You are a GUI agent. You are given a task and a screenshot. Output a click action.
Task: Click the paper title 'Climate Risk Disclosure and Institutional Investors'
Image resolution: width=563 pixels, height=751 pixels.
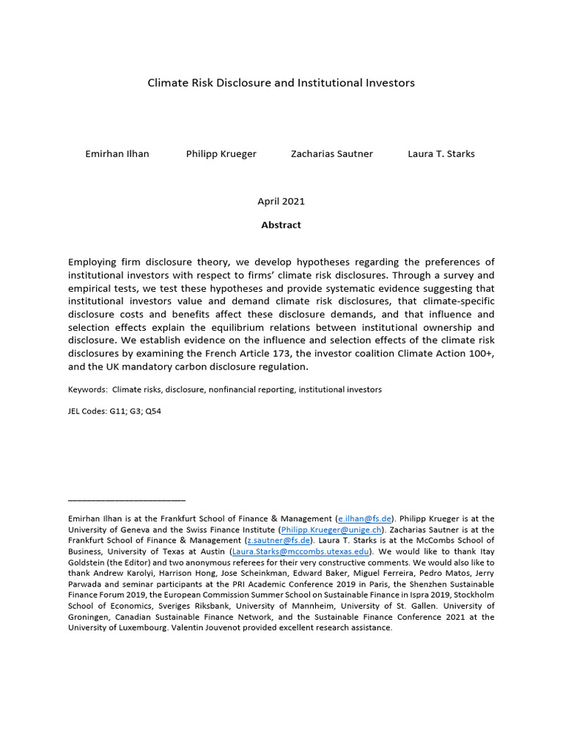[281, 83]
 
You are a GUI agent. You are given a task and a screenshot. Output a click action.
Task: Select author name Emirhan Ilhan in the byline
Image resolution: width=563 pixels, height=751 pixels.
[117, 154]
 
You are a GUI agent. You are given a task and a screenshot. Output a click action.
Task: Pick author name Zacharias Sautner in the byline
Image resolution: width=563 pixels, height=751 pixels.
[331, 154]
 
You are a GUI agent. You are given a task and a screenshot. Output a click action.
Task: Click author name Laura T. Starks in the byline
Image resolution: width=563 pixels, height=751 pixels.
[441, 154]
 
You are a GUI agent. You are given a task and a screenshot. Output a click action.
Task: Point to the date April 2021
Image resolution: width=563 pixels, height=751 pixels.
[281, 201]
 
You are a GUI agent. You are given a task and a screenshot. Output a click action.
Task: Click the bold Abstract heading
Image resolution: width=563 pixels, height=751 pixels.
[281, 225]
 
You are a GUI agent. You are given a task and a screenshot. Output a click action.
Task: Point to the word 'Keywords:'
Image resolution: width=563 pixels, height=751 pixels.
[88, 389]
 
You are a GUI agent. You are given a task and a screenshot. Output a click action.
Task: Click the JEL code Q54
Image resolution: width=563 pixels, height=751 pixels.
[152, 411]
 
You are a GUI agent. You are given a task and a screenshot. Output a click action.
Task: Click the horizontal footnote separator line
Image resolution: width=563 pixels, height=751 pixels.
[126, 501]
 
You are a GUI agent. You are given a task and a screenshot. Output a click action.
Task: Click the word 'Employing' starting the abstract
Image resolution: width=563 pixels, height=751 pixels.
[94, 262]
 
